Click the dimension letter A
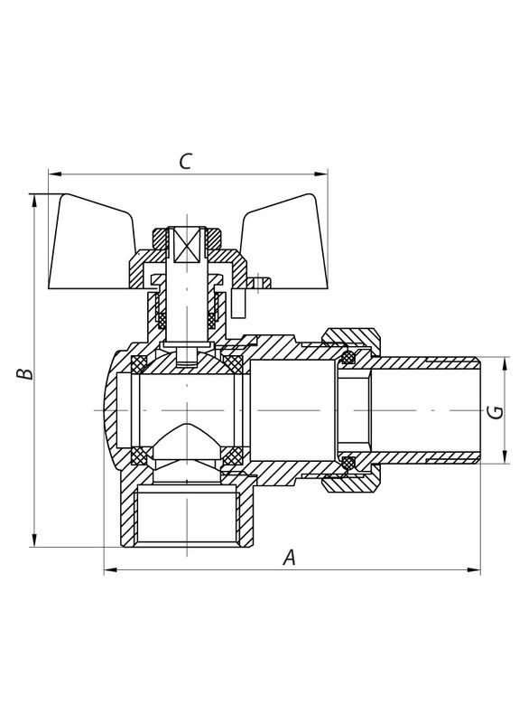coord(289,559)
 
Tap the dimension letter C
coord(185,162)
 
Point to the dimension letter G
coord(494,412)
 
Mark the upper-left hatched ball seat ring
coord(139,364)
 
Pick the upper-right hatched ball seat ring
coord(234,363)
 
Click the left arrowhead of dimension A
coord(109,570)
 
